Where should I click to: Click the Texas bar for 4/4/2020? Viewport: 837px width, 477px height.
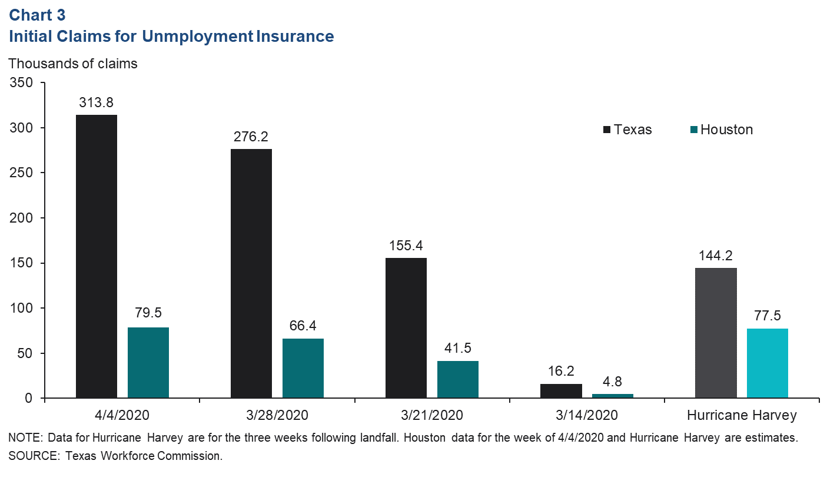pos(97,256)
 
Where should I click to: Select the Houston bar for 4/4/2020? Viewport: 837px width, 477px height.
pos(148,363)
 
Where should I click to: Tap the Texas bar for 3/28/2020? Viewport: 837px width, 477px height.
pos(251,273)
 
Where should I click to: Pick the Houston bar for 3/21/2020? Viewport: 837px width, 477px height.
pos(458,379)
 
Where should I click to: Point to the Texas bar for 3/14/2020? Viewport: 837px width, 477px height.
pos(561,391)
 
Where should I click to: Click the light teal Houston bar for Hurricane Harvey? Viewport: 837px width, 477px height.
pos(768,363)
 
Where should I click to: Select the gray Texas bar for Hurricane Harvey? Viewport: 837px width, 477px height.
pos(716,333)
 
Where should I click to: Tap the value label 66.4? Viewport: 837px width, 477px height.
pos(303,326)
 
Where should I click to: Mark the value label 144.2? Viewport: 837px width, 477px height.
pos(716,256)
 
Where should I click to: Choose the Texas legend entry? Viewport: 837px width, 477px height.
pos(627,130)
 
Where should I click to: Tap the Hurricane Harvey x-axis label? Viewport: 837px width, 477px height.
pos(742,415)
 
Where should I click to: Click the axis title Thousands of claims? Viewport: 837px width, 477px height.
pos(73,64)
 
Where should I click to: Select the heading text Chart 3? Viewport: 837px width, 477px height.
pos(37,15)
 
